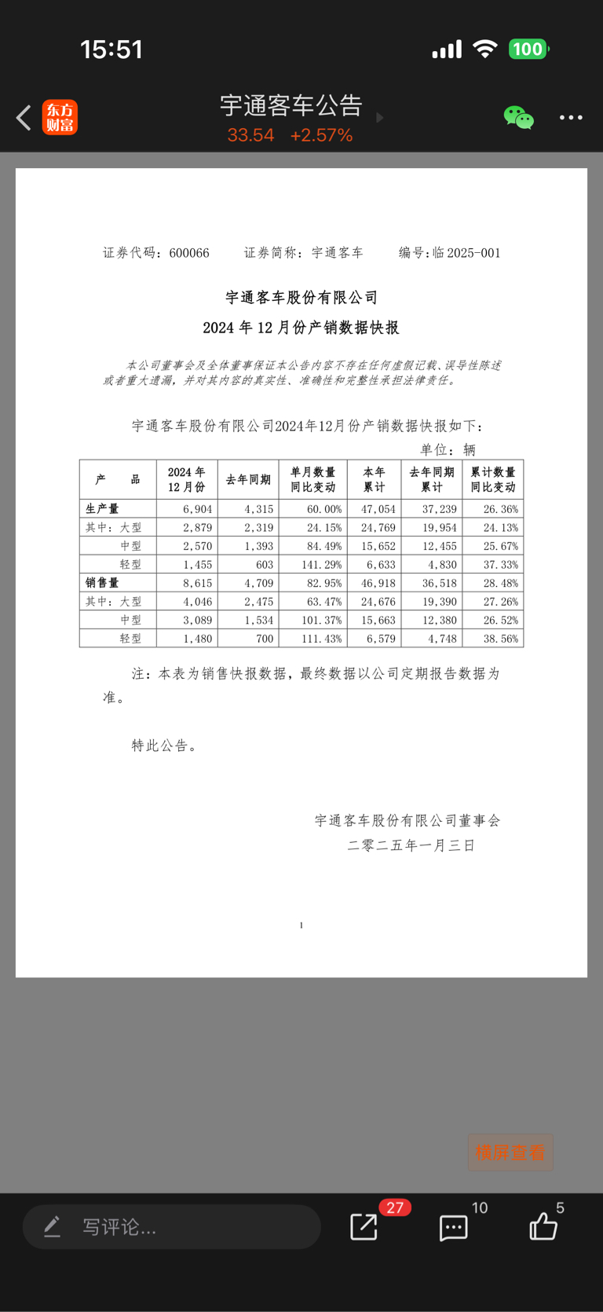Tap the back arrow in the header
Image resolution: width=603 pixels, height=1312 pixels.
(24, 118)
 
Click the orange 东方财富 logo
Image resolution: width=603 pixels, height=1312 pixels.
(60, 118)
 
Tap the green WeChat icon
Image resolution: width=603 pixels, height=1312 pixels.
(518, 118)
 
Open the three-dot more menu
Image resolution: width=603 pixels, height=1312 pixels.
(571, 118)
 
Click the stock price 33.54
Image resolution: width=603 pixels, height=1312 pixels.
(250, 135)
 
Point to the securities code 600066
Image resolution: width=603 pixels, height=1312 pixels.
(189, 253)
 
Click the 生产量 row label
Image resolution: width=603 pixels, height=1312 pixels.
(102, 509)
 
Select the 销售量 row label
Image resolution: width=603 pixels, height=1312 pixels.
(102, 583)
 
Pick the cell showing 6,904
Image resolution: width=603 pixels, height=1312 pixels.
(197, 509)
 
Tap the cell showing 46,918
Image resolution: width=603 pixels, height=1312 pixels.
(378, 583)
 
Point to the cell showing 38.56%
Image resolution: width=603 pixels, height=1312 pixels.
(501, 639)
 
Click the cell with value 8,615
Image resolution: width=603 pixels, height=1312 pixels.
(197, 583)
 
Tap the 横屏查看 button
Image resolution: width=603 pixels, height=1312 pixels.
(510, 1153)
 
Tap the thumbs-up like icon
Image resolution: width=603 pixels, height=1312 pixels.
(543, 1226)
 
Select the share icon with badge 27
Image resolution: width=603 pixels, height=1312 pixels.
(364, 1226)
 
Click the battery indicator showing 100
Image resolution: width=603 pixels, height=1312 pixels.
(528, 49)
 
